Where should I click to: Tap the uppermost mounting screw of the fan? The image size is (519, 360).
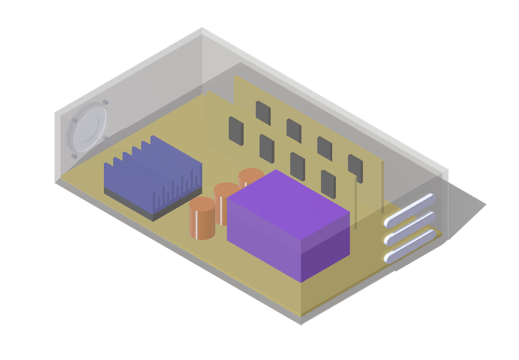105,102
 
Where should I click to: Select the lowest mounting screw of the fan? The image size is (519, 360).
74,156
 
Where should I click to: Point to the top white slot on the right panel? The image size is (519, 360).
410,210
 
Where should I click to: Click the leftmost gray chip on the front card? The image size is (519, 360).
236,131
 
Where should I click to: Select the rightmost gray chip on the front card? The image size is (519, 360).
328,184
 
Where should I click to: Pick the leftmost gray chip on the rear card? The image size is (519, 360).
263,113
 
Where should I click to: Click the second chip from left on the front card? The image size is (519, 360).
267,148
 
